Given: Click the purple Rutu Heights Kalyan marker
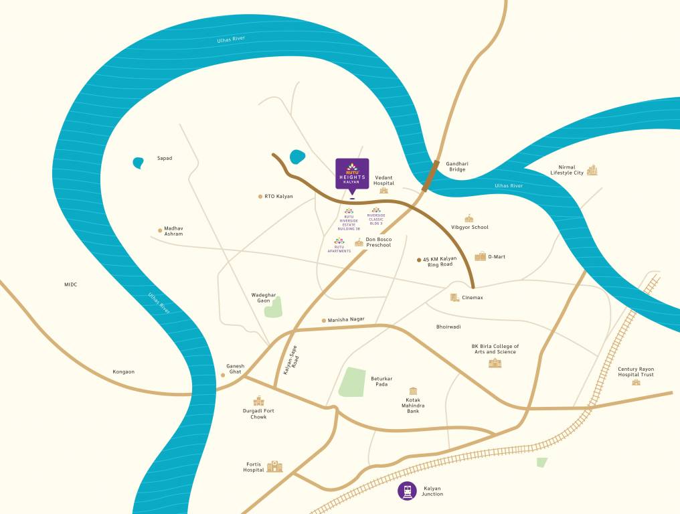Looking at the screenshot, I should pyautogui.click(x=352, y=173).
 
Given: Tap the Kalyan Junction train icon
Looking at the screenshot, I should pyautogui.click(x=407, y=491).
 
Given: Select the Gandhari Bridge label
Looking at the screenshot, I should pyautogui.click(x=457, y=167).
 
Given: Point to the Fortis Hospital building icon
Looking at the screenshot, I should pyautogui.click(x=274, y=466).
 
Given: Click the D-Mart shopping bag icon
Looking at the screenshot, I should pyautogui.click(x=481, y=256).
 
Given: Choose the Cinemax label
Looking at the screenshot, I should pyautogui.click(x=472, y=297).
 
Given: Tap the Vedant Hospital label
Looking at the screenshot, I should pyautogui.click(x=384, y=179).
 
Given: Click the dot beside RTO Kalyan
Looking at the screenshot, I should pyautogui.click(x=260, y=197).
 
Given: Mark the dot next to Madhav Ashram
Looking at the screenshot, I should pyautogui.click(x=160, y=230).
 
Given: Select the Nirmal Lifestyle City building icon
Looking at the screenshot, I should pyautogui.click(x=592, y=170).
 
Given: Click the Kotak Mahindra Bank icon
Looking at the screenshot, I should pyautogui.click(x=413, y=391).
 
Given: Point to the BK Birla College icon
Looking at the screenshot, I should pyautogui.click(x=495, y=363).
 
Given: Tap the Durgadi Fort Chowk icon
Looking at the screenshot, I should pyautogui.click(x=258, y=401).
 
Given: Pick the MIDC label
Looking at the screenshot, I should pyautogui.click(x=71, y=284).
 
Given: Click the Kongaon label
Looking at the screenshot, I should pyautogui.click(x=123, y=371).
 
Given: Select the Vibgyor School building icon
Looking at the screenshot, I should pyautogui.click(x=469, y=218).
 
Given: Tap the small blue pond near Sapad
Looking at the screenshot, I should pyautogui.click(x=138, y=162).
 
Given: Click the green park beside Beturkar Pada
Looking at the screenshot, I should pyautogui.click(x=353, y=381).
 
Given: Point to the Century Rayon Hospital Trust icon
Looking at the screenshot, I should pyautogui.click(x=636, y=381).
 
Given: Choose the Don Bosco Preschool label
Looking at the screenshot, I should pyautogui.click(x=378, y=242).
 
